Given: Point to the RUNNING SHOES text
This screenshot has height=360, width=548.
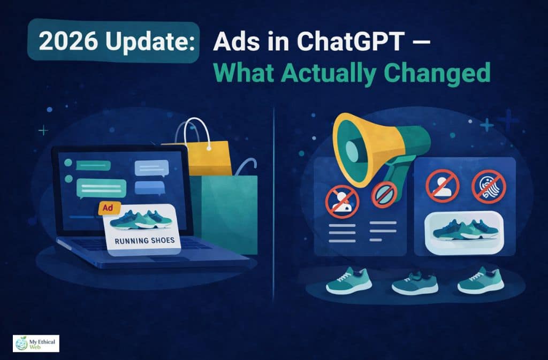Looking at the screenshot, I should click(x=145, y=240).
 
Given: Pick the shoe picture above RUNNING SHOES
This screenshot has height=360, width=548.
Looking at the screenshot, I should click(x=142, y=219).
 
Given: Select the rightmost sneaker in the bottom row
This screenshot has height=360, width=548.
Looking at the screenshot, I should click(x=481, y=282).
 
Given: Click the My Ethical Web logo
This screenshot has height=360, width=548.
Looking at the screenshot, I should click(x=35, y=343).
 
